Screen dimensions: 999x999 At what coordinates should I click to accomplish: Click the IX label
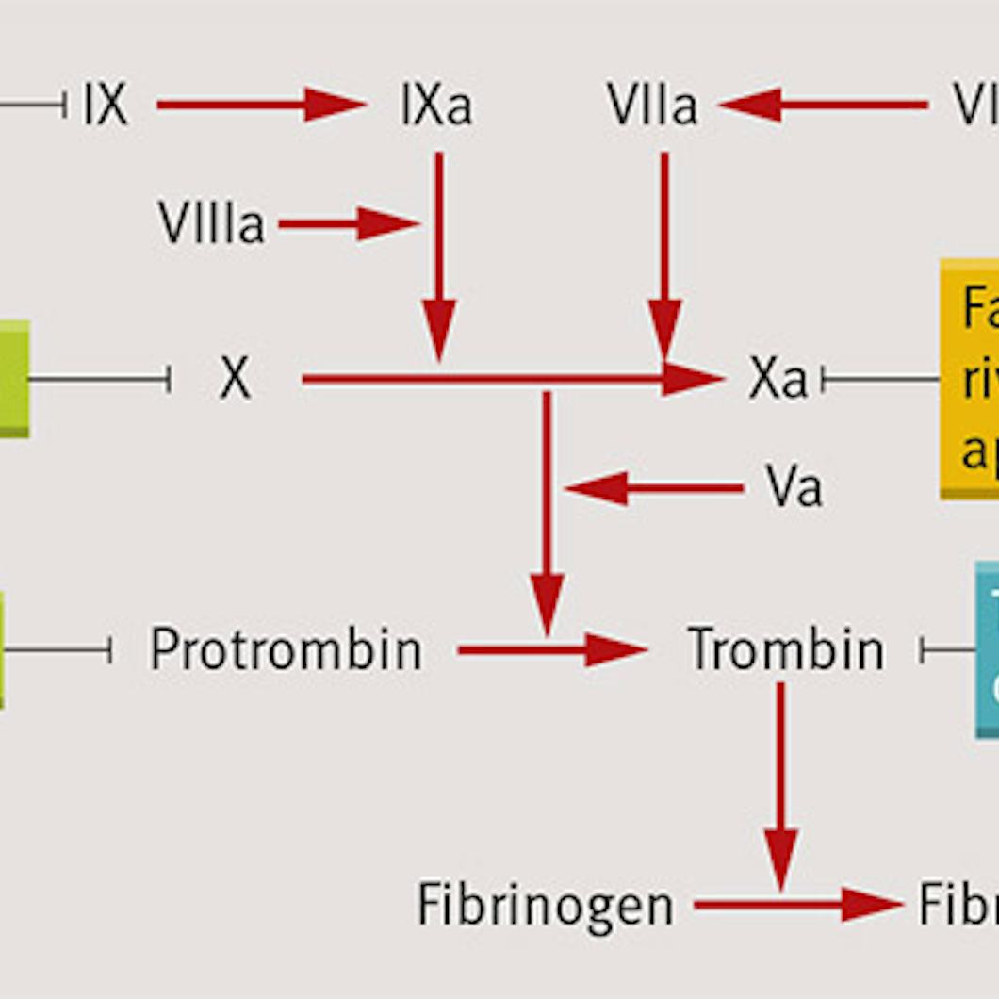(105, 105)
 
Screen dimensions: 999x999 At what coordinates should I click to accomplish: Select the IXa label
(435, 105)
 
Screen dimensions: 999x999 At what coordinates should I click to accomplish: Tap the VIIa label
(652, 105)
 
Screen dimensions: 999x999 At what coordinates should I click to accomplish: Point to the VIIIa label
(211, 224)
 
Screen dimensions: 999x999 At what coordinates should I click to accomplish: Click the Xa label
(778, 380)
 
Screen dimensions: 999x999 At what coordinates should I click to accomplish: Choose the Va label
(794, 488)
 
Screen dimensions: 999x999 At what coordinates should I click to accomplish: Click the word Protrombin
(286, 649)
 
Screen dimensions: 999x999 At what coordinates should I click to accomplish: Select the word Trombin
(786, 649)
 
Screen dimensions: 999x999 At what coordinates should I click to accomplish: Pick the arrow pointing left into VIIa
(824, 105)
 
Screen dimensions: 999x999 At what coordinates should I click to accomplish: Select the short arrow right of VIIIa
(349, 224)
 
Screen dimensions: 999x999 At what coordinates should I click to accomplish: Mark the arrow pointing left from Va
(655, 488)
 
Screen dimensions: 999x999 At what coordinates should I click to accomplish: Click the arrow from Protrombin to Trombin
(550, 649)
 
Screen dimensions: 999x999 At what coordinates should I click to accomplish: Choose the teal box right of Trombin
(987, 649)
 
